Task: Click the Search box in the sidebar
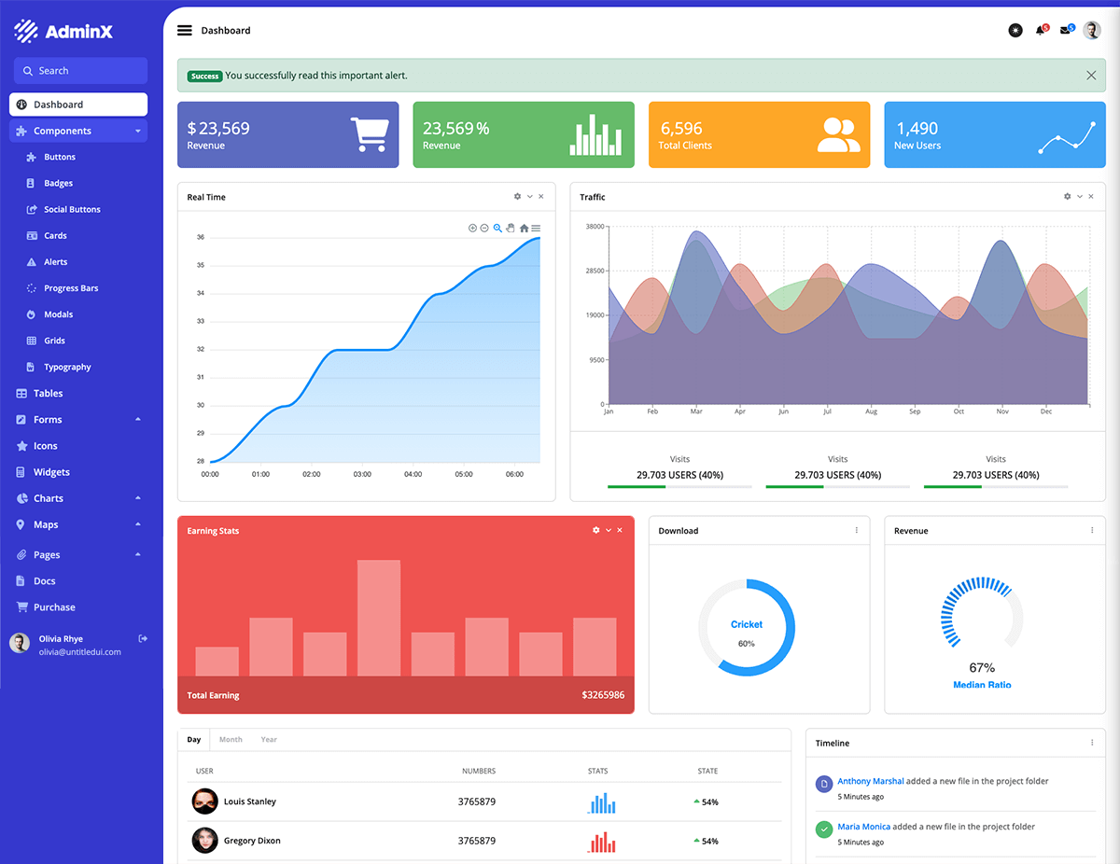point(80,71)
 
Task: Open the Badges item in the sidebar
point(58,184)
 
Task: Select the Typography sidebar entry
point(67,368)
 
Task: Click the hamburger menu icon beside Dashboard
point(185,31)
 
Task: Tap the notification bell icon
point(1041,31)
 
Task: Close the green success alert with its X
point(1091,76)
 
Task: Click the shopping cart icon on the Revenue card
point(369,135)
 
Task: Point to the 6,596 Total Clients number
point(681,129)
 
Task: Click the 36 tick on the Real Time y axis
point(201,237)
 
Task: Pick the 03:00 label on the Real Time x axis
point(362,474)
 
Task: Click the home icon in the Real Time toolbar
point(524,229)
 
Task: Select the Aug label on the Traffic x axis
point(871,411)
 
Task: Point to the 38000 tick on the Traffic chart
point(595,227)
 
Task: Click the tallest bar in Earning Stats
point(379,618)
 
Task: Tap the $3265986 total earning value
point(603,695)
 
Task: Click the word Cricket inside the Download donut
point(747,624)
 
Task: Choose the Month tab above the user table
point(231,740)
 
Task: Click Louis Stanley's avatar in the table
point(204,801)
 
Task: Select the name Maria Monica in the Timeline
point(863,827)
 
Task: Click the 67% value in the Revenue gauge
point(982,668)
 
